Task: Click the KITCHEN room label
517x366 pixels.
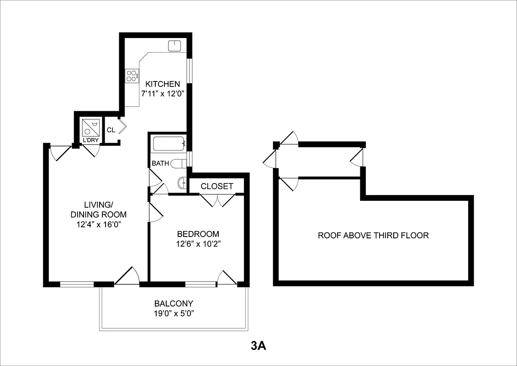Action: (x=163, y=84)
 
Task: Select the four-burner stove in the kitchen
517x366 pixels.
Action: (x=132, y=75)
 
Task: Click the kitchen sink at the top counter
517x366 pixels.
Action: (x=175, y=46)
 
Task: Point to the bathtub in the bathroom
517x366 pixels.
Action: (x=169, y=144)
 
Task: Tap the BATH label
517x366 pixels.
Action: (x=160, y=163)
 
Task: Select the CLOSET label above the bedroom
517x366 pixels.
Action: (x=217, y=186)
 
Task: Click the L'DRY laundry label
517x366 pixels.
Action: (x=90, y=140)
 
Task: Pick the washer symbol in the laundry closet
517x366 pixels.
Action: (x=90, y=127)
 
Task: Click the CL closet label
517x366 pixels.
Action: (x=111, y=130)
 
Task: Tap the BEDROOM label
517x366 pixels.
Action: (x=198, y=234)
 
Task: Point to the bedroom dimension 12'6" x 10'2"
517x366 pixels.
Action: (x=198, y=243)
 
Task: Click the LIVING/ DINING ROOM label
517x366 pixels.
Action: (x=98, y=209)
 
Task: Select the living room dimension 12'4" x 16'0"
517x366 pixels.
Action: (x=98, y=224)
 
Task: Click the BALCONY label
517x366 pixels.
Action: (x=174, y=303)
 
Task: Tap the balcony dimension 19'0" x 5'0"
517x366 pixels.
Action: (x=174, y=313)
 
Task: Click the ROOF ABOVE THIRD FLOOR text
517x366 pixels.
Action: (x=373, y=236)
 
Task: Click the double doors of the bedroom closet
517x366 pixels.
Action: (x=217, y=200)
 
